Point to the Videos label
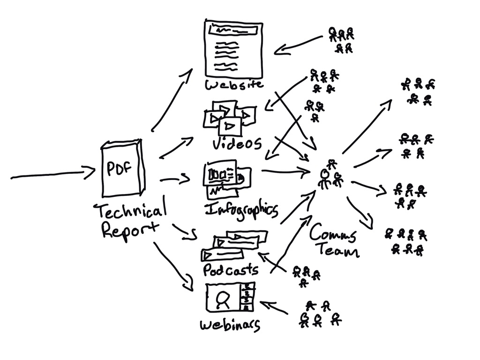pos(237,143)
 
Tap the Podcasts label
pos(230,270)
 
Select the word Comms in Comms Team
pos(333,233)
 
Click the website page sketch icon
pos(233,49)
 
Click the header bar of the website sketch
pos(233,30)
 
